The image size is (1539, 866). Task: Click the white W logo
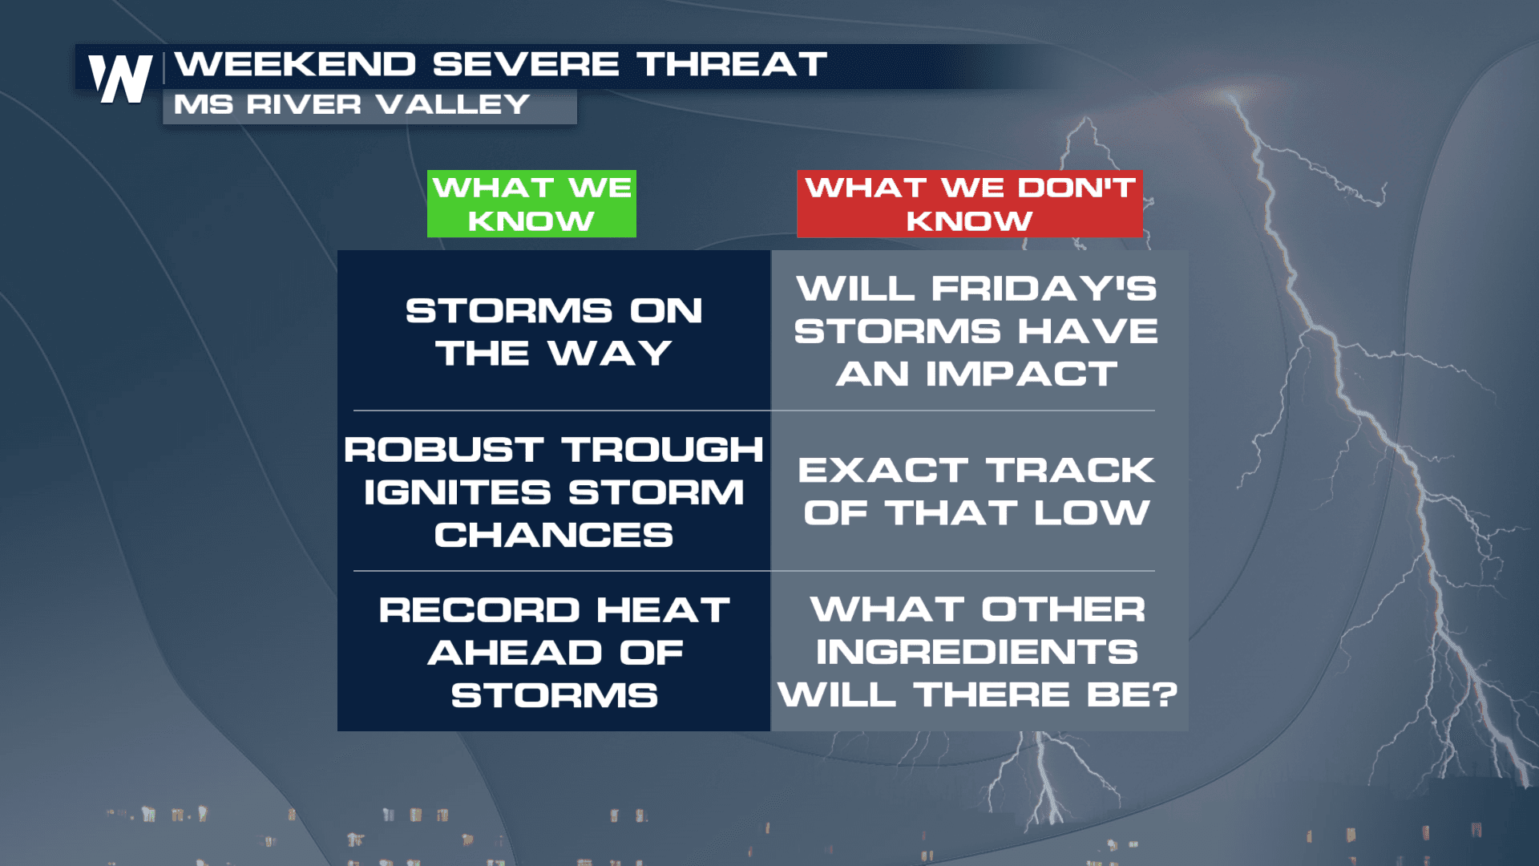click(x=120, y=79)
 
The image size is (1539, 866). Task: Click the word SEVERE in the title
click(x=526, y=64)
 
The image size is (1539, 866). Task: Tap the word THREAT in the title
click(x=732, y=64)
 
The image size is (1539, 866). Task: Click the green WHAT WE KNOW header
click(x=531, y=204)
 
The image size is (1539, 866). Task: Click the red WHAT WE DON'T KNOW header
click(x=970, y=204)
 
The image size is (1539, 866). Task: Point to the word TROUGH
click(x=662, y=450)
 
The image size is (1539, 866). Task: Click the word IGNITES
click(x=458, y=492)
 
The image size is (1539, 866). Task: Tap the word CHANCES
click(x=554, y=535)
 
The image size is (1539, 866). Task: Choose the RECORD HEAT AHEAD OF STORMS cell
click(x=554, y=652)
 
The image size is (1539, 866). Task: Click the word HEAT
click(x=663, y=610)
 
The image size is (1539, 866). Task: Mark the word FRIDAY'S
click(x=1044, y=289)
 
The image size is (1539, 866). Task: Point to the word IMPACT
click(x=1021, y=374)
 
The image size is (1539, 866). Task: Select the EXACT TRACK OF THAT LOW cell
click(x=978, y=491)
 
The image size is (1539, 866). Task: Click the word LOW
click(x=1092, y=512)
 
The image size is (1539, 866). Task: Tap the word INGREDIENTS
click(x=977, y=652)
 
